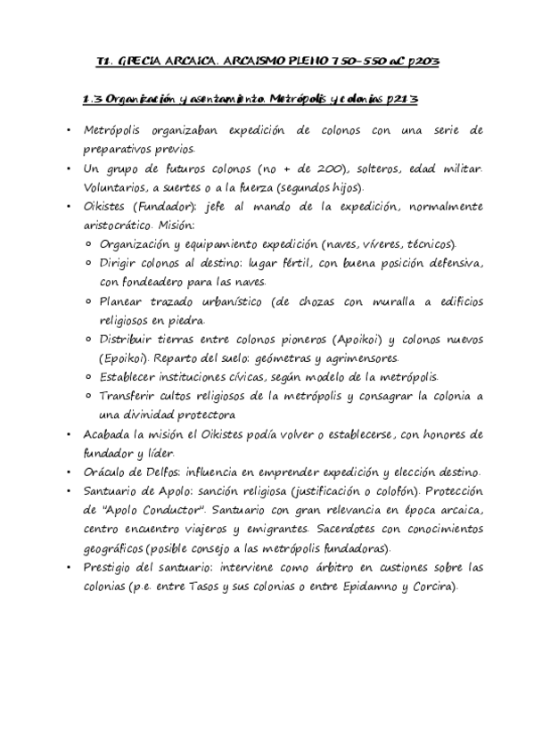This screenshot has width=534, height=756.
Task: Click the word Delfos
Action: [177, 472]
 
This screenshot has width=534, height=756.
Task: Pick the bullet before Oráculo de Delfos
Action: [70, 472]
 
